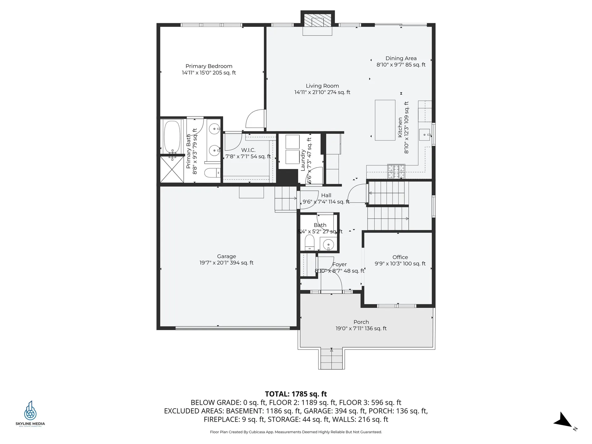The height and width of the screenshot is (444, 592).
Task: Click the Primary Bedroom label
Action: point(209,66)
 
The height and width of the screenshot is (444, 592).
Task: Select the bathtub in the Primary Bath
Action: point(172,136)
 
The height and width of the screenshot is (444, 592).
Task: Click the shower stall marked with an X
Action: point(172,170)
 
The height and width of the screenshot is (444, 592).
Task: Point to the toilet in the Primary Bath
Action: point(212,173)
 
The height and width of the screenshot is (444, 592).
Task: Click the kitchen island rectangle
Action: point(385,120)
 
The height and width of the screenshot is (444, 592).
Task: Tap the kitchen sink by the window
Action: point(425,135)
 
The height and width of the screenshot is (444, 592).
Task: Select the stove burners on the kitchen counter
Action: point(396,171)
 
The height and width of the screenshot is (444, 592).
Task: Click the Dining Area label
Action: point(401,58)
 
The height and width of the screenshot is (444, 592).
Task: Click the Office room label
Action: point(400,257)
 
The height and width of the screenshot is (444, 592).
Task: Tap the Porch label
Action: point(361,322)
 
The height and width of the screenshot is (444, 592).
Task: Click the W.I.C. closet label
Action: point(248,150)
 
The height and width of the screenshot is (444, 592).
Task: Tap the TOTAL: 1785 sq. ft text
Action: point(296,394)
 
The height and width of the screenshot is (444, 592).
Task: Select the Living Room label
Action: point(322,86)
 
